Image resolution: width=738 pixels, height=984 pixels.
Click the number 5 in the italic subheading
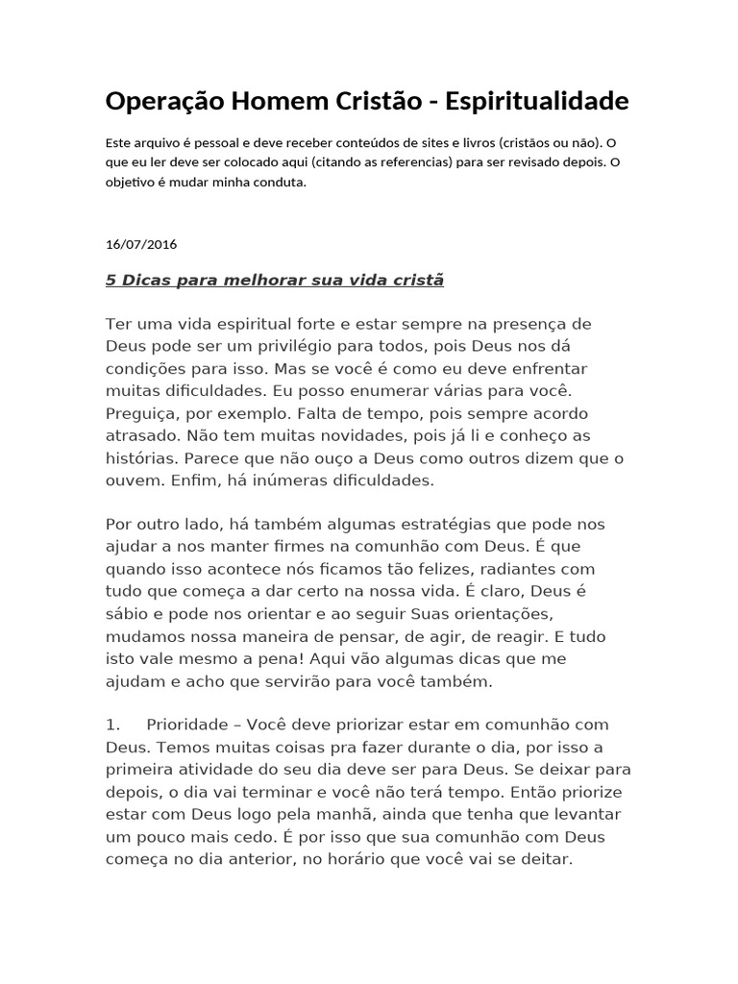pyautogui.click(x=111, y=281)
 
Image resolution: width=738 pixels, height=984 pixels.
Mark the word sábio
pyautogui.click(x=127, y=612)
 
